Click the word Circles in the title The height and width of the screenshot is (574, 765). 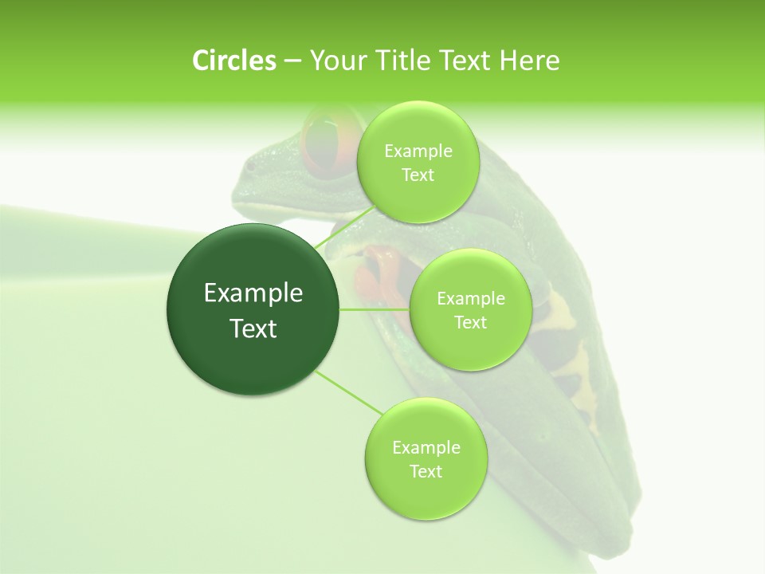tap(234, 61)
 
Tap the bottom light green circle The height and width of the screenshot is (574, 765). tap(426, 494)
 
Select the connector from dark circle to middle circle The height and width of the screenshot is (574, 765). tap(375, 309)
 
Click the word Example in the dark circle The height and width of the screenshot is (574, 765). tap(253, 293)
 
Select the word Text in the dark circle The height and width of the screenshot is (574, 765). tap(253, 328)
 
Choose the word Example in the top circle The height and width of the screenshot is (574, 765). tap(418, 151)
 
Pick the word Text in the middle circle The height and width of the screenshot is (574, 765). tap(470, 323)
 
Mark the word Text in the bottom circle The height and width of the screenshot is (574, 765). tap(426, 471)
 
